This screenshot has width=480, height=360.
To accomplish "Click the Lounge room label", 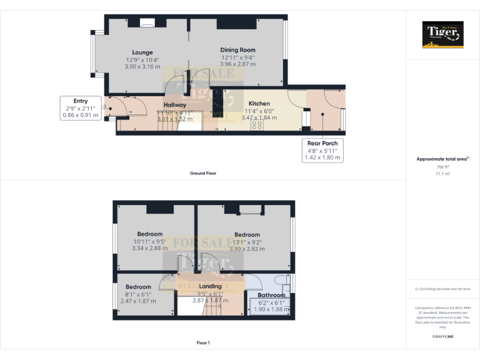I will click(x=142, y=52).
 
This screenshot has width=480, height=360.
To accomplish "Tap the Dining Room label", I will click(x=237, y=50).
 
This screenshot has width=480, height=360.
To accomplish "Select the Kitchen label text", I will click(x=259, y=104).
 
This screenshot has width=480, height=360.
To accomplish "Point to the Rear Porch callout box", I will click(x=322, y=151).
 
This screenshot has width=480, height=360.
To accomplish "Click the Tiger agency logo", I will click(x=442, y=34).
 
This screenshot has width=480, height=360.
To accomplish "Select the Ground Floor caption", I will click(x=203, y=173).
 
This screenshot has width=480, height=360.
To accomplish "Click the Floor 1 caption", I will click(x=203, y=342).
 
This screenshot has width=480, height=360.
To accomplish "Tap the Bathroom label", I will click(x=272, y=295).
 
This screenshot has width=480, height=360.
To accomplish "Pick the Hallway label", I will click(x=175, y=105).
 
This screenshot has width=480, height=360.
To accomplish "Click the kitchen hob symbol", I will click(x=257, y=124).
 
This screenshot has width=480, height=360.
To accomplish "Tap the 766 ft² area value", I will click(x=442, y=167).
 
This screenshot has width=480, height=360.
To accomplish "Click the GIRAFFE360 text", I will click(x=442, y=336).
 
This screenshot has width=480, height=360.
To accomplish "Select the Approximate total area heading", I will click(x=442, y=159).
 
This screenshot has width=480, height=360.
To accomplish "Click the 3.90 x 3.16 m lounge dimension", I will click(x=142, y=66).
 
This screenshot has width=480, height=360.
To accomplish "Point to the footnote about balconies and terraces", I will click(x=442, y=289).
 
